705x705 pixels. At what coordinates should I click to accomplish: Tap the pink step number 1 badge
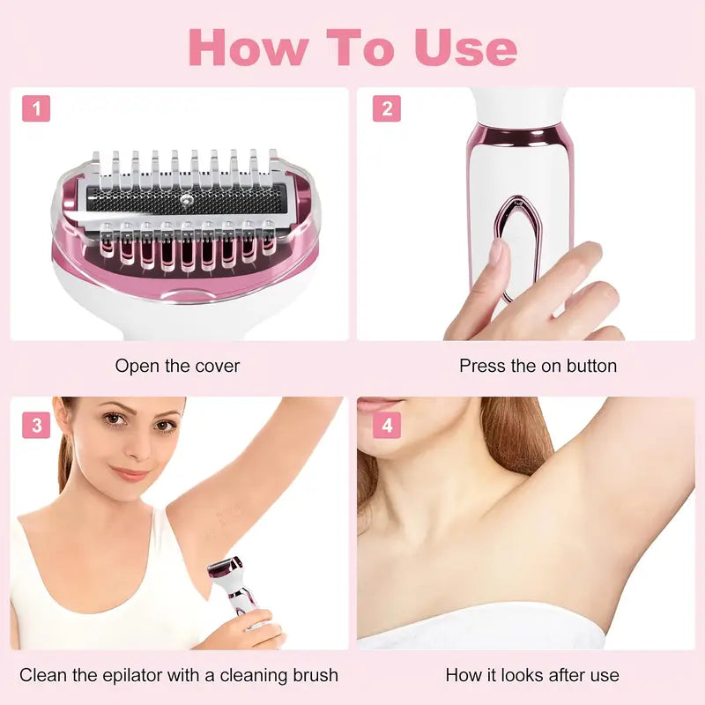pyautogui.click(x=36, y=109)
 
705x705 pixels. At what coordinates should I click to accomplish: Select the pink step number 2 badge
pyautogui.click(x=387, y=109)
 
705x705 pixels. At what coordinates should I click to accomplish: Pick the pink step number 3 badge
pyautogui.click(x=36, y=426)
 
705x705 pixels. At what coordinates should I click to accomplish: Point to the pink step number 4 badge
pyautogui.click(x=387, y=426)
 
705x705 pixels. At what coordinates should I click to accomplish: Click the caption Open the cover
pyautogui.click(x=177, y=365)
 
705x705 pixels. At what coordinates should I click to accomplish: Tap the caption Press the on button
pyautogui.click(x=538, y=365)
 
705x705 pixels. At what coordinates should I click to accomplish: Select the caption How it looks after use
pyautogui.click(x=531, y=676)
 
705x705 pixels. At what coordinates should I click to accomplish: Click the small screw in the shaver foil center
pyautogui.click(x=186, y=199)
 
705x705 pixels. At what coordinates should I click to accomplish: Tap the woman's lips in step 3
pyautogui.click(x=131, y=473)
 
